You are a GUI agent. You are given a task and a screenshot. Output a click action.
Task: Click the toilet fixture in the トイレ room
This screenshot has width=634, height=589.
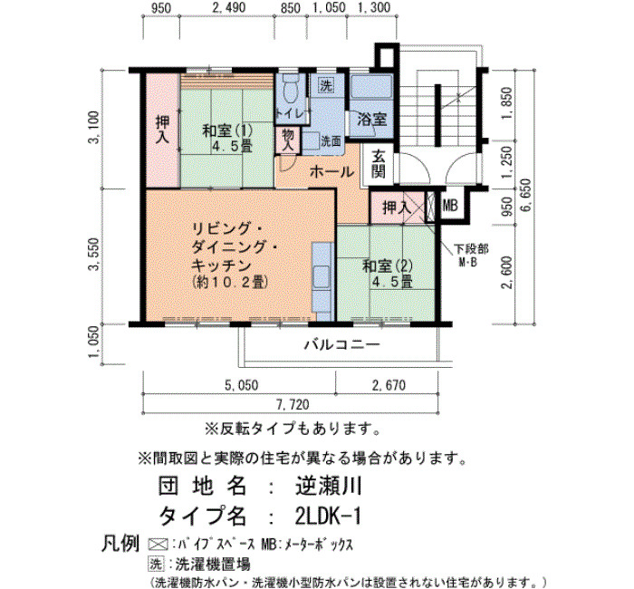click(x=291, y=88)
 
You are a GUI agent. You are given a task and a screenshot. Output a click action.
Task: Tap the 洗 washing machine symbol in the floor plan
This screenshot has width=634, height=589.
click(x=325, y=85)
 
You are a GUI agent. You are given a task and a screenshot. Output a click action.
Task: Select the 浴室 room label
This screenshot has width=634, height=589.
click(x=372, y=119)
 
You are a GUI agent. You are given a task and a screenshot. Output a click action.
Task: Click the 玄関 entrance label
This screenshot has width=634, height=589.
click(x=379, y=164)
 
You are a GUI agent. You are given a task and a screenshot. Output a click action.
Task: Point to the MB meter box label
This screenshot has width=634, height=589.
click(x=450, y=206)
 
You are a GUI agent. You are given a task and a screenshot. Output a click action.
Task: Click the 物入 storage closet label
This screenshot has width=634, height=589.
click(x=288, y=140)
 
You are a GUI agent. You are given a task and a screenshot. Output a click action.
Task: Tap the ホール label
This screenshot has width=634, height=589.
click(x=331, y=172)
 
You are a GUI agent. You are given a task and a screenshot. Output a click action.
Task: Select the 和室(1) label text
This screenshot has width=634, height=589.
click(x=227, y=131)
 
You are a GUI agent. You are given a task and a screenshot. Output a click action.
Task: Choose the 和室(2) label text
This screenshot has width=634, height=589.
click(x=388, y=266)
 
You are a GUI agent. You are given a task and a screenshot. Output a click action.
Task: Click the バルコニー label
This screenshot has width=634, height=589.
click(x=342, y=345)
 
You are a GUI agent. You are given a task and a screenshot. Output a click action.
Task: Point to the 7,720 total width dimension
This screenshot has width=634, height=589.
click(x=293, y=404)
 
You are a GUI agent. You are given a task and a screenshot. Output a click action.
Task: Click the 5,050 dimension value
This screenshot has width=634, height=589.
click(x=242, y=385)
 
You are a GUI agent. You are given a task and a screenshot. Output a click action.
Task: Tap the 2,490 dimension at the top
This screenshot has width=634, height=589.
click(x=229, y=7)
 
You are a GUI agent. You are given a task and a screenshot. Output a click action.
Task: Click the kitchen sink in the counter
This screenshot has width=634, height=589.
click(x=322, y=277)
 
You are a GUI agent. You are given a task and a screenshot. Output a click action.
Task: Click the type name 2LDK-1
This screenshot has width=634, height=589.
click(x=328, y=516)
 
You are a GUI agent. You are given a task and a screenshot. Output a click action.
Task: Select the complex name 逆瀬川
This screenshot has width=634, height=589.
click(x=328, y=486)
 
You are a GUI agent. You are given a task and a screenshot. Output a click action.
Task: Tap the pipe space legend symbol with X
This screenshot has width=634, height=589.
click(x=158, y=545)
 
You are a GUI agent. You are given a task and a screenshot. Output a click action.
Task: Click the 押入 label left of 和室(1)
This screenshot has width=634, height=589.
click(x=163, y=130)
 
